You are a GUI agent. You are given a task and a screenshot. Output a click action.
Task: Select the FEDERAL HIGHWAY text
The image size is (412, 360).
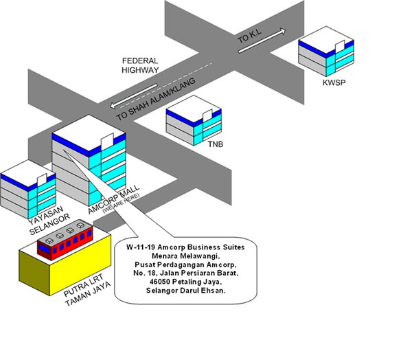(x=141, y=65)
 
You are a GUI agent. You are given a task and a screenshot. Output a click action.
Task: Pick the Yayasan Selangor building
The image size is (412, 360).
(x=27, y=189)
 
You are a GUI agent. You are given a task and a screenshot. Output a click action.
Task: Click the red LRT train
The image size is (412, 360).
(x=65, y=239)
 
